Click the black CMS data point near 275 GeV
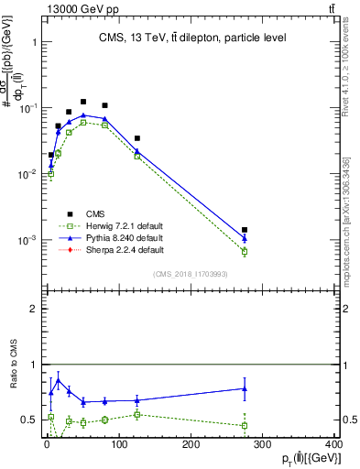coord(245,230)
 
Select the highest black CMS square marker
coord(83,102)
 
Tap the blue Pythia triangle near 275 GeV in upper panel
coord(245,238)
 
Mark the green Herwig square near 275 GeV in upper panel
coord(245,251)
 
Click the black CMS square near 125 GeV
coord(136,138)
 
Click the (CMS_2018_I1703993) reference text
coord(191,272)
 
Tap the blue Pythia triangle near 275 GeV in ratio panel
coord(245,388)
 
